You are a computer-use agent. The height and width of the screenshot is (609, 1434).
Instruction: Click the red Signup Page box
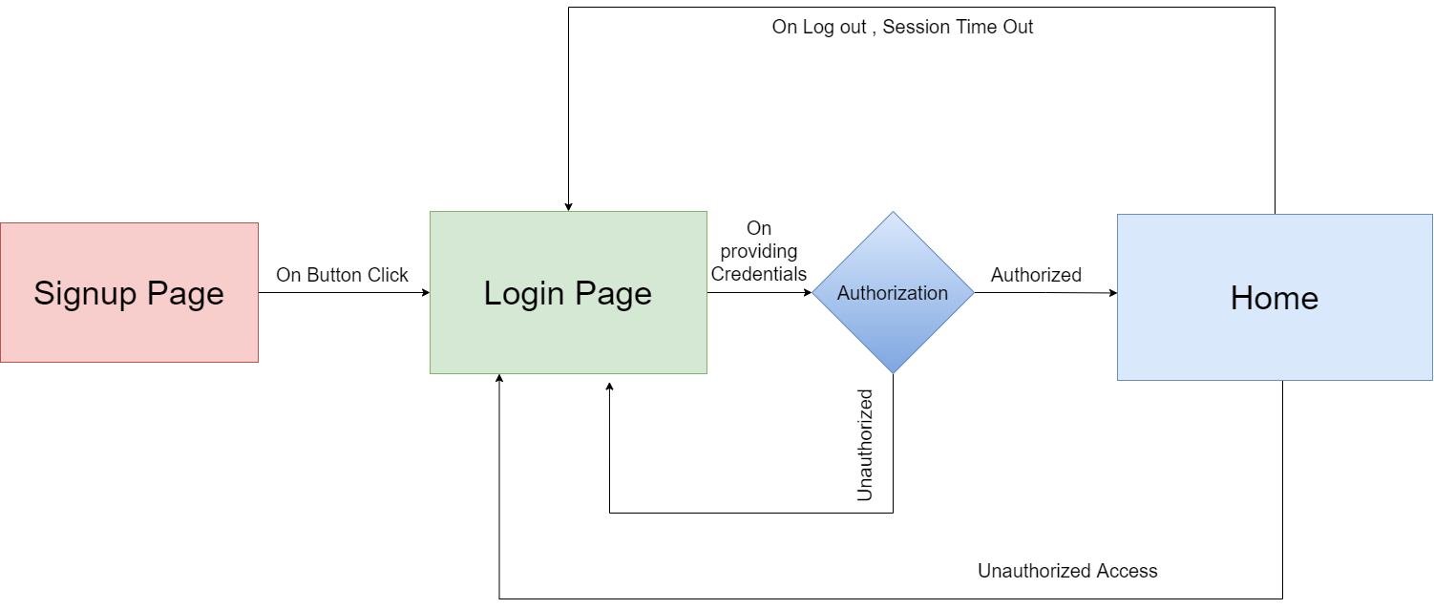[129, 292]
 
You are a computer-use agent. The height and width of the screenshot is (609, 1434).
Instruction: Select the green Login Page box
[568, 292]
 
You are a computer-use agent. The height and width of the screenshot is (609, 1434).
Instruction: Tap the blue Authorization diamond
[893, 293]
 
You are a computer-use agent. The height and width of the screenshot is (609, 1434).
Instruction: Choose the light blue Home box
[1274, 297]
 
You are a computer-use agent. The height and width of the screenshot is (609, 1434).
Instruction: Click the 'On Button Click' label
[342, 275]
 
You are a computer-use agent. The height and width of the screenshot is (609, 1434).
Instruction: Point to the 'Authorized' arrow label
[1036, 275]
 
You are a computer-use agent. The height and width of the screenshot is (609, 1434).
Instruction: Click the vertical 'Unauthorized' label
[865, 445]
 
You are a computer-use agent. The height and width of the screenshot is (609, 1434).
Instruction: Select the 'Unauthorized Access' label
[1067, 571]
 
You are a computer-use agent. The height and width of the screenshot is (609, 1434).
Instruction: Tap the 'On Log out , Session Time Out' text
[902, 27]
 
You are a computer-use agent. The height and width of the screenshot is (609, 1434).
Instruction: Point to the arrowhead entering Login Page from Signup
[426, 293]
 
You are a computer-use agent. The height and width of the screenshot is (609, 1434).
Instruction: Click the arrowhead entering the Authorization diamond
[808, 293]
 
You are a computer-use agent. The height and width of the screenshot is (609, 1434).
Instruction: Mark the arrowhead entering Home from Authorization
[1112, 294]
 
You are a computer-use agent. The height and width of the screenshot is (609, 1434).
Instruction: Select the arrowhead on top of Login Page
[568, 206]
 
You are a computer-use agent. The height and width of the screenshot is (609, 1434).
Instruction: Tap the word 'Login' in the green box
[524, 293]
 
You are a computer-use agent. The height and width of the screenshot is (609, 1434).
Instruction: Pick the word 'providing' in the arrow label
[759, 251]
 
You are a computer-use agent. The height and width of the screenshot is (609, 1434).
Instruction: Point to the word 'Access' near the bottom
[1127, 571]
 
